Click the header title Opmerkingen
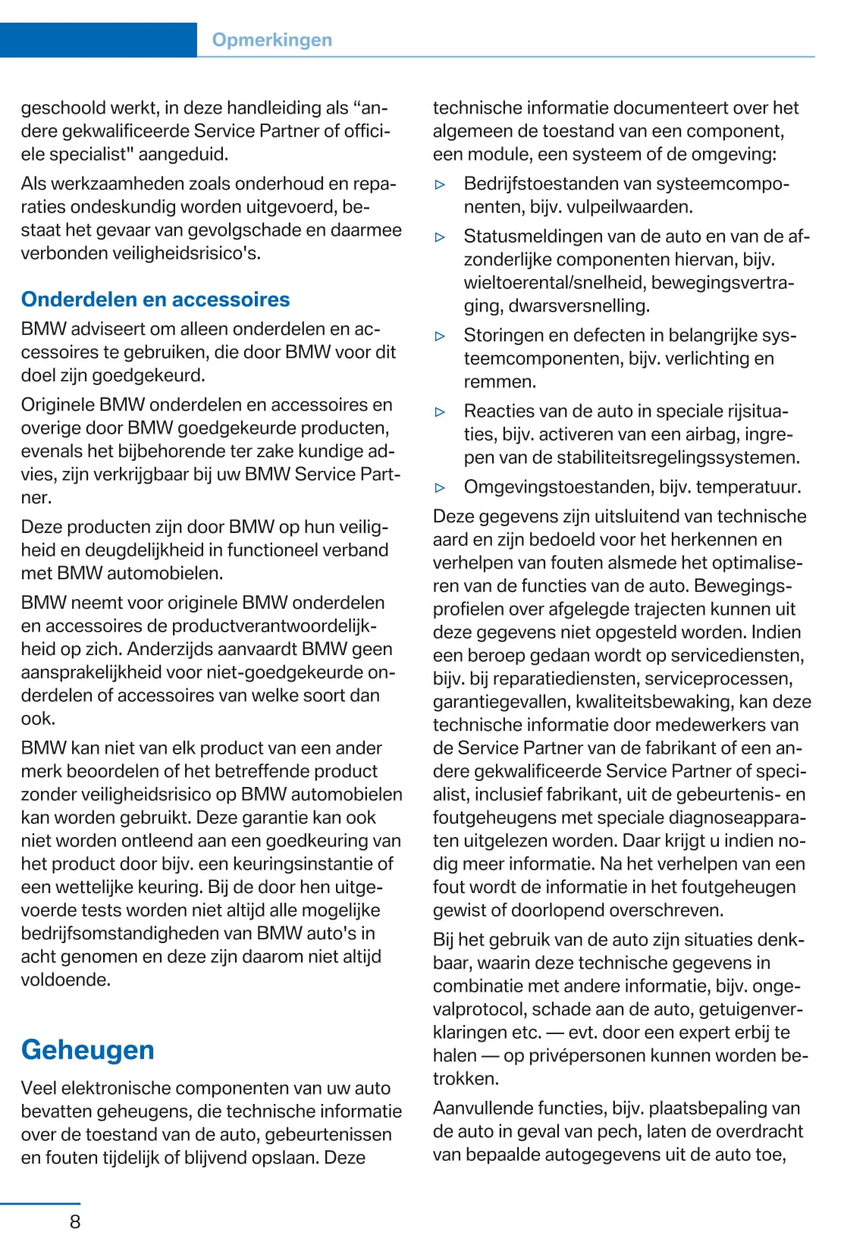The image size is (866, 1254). pos(271,40)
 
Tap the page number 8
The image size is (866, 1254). pos(74,1221)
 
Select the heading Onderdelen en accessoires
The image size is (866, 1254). pos(155,299)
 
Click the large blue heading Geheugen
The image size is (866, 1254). pos(88,1049)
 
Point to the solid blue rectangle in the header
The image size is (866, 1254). pos(98,40)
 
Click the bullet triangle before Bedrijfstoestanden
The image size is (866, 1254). pos(441,184)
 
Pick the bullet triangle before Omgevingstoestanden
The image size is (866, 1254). pos(441,487)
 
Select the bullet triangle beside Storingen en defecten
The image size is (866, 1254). pos(441,336)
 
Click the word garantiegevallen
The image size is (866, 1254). pos(500,702)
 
